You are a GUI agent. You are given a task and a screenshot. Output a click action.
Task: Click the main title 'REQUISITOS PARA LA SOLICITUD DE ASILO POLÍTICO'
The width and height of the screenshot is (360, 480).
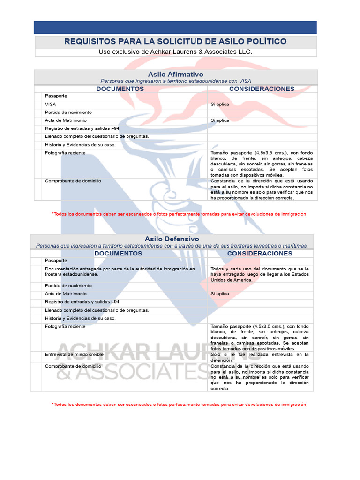click(175, 42)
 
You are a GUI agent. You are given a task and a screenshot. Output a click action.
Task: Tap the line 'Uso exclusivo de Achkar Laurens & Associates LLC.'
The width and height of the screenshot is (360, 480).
click(175, 52)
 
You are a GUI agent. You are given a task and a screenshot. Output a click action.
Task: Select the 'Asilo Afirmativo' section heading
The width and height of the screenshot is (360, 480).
click(175, 74)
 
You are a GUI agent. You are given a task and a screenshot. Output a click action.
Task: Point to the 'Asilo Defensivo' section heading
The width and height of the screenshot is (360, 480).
click(172, 239)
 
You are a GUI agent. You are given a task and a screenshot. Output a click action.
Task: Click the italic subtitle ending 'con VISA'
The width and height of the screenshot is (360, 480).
click(175, 81)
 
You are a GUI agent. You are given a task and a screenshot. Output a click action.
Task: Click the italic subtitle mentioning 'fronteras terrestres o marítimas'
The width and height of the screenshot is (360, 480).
click(172, 246)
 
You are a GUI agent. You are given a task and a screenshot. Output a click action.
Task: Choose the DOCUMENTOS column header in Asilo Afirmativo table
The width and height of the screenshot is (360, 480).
click(120, 89)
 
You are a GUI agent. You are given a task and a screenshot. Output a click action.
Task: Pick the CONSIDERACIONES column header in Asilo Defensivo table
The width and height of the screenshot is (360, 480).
click(260, 254)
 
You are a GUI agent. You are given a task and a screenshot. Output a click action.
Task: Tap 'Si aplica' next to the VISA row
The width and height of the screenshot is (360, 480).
click(220, 104)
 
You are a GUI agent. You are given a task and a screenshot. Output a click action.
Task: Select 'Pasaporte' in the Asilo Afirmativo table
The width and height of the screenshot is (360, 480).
click(56, 96)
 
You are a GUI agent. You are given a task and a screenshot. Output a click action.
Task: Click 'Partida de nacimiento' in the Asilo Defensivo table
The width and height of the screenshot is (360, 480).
click(68, 285)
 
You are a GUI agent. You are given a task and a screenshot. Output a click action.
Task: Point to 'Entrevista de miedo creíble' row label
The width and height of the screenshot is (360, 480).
click(74, 354)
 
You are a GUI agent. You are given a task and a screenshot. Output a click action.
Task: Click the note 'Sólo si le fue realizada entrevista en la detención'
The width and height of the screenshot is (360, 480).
click(260, 357)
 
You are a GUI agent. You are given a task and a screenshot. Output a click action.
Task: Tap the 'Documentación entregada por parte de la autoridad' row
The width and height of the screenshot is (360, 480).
click(120, 271)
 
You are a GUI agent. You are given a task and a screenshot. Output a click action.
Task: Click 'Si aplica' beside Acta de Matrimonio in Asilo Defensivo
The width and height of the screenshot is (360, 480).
click(220, 294)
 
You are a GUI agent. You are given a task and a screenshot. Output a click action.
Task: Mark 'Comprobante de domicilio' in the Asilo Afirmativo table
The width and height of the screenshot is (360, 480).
click(73, 181)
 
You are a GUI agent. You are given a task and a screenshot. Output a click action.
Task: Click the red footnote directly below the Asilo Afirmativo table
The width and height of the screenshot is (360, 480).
click(180, 214)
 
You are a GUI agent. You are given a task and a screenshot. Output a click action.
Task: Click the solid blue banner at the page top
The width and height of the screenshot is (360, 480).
click(175, 27)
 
